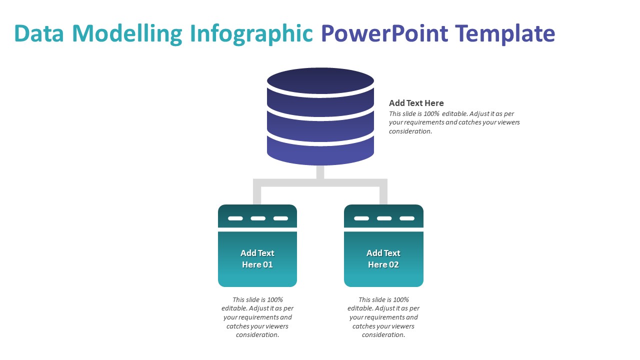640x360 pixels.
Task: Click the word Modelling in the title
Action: tap(128, 34)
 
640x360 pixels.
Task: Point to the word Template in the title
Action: tap(505, 34)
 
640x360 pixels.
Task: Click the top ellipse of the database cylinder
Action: tap(320, 80)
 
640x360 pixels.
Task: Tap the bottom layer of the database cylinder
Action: tap(320, 152)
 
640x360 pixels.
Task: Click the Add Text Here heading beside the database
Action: tap(416, 103)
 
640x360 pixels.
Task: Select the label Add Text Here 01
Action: tap(257, 258)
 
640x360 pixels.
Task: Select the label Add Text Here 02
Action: tap(383, 258)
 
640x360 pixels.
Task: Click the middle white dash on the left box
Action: tap(258, 218)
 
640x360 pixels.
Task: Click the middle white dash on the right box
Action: tap(384, 218)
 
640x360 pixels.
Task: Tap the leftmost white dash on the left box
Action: tap(235, 218)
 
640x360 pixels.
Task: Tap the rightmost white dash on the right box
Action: tap(407, 218)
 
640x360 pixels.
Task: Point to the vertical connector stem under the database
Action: tap(320, 171)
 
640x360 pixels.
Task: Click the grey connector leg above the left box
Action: tap(257, 195)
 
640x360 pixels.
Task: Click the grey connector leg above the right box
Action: tap(383, 195)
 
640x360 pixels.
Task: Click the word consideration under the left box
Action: tap(257, 335)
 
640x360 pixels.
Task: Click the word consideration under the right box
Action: tap(383, 335)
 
